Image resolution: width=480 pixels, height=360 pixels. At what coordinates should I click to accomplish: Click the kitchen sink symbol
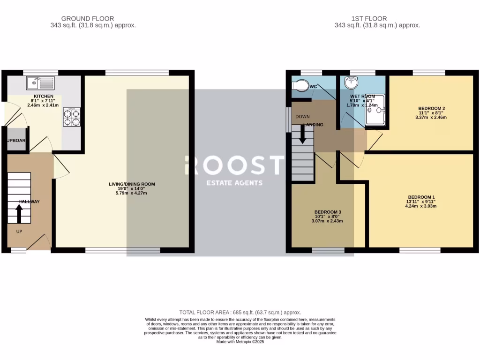pos(41,83)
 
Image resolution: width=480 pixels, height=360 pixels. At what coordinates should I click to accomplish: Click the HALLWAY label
pos(29,202)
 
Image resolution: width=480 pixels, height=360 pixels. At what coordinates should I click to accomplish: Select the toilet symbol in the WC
pos(300,86)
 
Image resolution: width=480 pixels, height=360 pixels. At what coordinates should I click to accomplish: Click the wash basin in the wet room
pos(350,83)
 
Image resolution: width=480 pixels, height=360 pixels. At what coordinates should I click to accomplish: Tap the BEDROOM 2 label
pos(431,108)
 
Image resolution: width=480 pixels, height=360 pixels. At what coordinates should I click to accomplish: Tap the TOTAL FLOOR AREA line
pos(240,312)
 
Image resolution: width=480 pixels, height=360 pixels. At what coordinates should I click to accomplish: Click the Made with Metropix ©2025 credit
pos(240,342)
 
